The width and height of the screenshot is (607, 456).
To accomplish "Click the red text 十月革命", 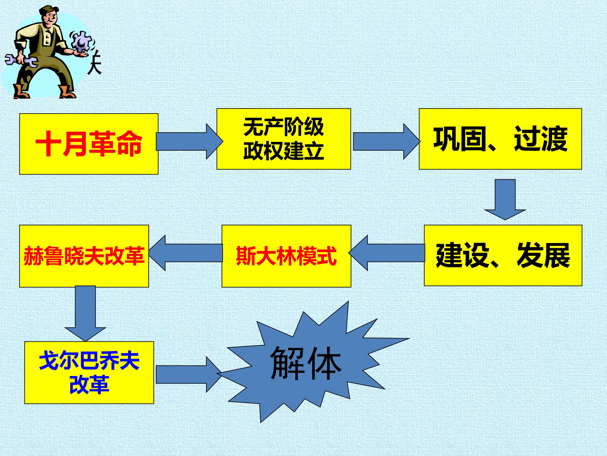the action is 89,144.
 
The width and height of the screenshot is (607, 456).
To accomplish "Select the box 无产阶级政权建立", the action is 284,139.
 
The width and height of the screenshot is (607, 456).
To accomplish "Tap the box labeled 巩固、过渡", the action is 500,139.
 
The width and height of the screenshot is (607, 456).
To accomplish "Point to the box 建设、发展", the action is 503,256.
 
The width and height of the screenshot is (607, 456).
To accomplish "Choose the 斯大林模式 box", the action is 286,256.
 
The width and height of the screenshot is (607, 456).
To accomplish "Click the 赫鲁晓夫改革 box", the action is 84,256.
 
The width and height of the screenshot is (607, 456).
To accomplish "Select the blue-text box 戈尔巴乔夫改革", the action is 89,373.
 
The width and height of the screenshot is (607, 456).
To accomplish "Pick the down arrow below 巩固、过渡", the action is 505,199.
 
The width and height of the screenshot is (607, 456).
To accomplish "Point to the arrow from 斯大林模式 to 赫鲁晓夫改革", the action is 185,253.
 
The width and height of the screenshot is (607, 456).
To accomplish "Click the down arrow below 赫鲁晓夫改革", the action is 85,313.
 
